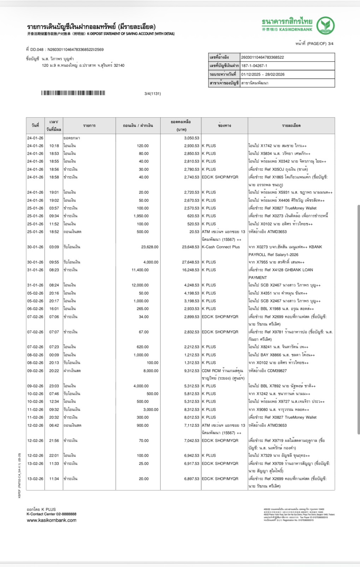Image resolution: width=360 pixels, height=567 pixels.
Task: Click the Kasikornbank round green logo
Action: (x=325, y=25)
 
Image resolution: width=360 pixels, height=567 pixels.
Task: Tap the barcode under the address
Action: (x=73, y=93)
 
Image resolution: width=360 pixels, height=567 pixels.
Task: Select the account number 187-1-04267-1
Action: (x=254, y=66)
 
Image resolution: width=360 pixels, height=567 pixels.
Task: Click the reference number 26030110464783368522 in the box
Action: (x=262, y=57)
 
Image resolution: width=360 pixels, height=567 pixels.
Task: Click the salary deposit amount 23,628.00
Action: (x=150, y=247)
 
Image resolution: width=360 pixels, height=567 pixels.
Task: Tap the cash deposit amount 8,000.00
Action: (x=151, y=371)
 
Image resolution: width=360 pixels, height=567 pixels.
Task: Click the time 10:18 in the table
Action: (x=54, y=146)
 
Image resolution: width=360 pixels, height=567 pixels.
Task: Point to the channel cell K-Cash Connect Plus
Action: (x=221, y=247)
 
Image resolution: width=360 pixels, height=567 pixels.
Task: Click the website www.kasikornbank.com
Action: (x=52, y=520)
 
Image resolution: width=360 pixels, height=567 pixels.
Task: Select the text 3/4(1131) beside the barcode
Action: (x=153, y=94)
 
